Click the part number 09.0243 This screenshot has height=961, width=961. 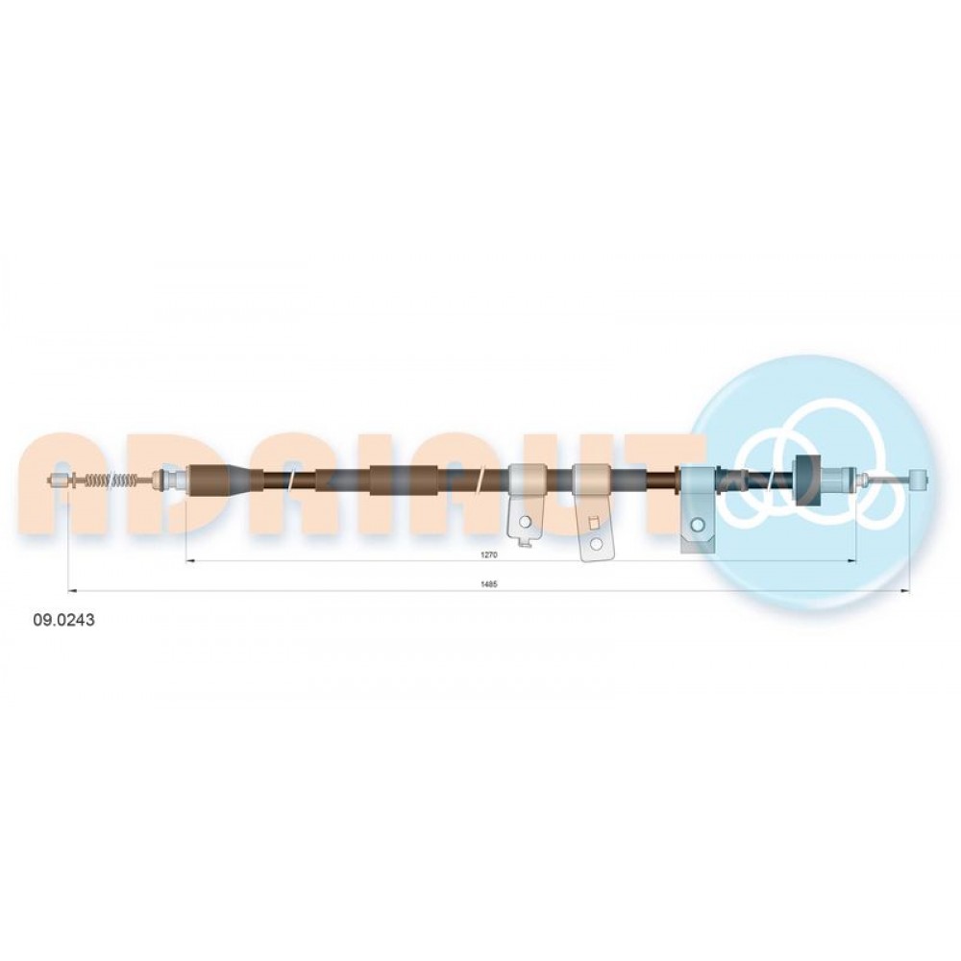pos(63,620)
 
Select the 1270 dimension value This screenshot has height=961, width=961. pos(488,554)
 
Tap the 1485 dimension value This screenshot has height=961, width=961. pos(488,584)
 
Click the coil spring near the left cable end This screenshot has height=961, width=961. pos(113,480)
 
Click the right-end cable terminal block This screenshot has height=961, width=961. pos(919,479)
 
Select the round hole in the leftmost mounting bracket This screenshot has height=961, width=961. pos(525,522)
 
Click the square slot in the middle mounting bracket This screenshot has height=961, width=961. pos(593,522)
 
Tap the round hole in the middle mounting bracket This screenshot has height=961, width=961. pos(595,544)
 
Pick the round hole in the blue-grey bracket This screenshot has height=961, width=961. pos(697,524)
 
